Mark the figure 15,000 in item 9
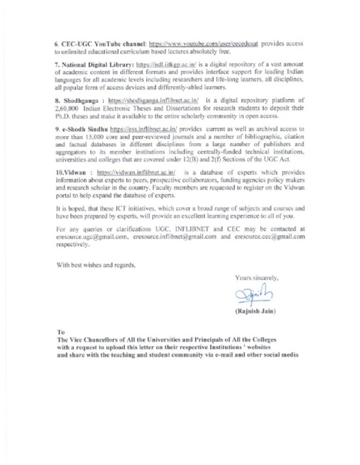click(x=90, y=136)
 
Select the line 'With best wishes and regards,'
click(x=96, y=265)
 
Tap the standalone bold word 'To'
click(x=61, y=332)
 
